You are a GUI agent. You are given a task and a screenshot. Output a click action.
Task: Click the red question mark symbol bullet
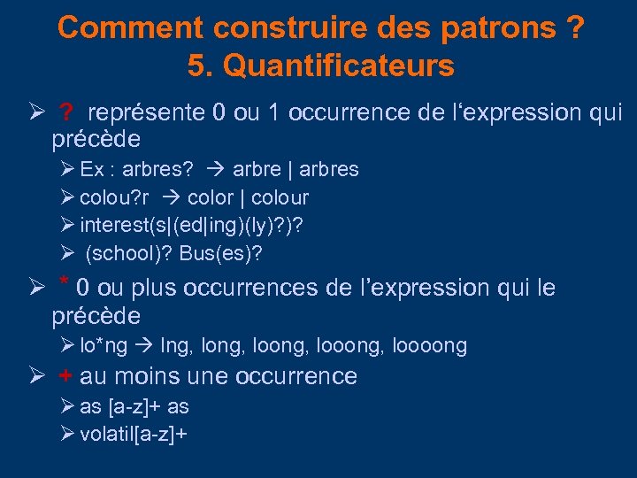67,113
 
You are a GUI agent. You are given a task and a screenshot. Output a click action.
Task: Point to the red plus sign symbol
65,376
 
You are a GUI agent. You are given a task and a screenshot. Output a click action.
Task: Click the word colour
279,197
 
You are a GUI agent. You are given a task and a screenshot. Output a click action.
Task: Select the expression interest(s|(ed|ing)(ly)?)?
191,225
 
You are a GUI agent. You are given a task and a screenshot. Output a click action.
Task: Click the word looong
355,345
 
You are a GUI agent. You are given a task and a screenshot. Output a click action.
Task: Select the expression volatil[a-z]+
132,434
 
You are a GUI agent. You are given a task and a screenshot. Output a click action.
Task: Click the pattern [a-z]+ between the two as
134,406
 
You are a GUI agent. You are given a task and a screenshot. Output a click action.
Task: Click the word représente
146,113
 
